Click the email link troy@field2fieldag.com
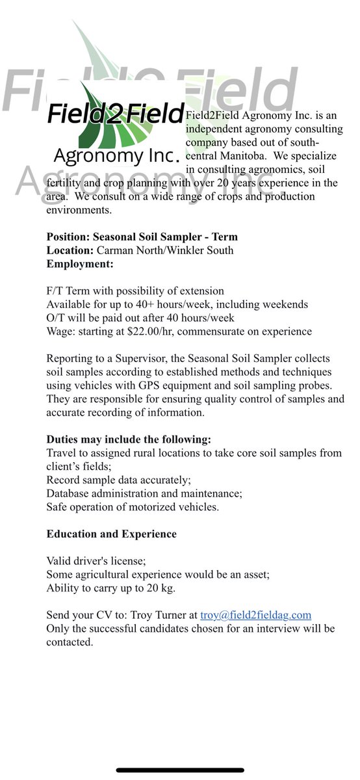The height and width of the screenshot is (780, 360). pos(255,614)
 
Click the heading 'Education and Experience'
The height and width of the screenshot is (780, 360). pos(111,534)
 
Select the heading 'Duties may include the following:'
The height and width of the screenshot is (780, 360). pos(129,439)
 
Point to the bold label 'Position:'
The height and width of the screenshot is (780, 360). pos(68,237)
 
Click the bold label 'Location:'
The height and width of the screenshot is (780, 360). pos(70,250)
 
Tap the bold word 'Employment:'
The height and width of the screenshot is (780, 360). pos(80,264)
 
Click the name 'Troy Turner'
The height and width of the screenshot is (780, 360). pos(167,614)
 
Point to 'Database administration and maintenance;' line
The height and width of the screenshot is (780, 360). pos(144,493)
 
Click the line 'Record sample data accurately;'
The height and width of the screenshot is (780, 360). pos(119,480)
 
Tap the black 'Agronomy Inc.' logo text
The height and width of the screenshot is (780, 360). pos(116,156)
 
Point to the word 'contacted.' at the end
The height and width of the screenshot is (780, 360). pos(70,642)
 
